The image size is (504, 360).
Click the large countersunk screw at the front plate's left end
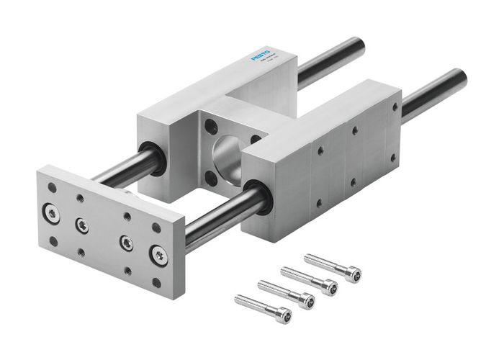pos(52,212)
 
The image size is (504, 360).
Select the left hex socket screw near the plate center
pos(83,225)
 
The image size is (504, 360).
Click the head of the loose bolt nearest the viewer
pos(284,315)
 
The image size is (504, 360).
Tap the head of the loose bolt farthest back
pos(353,274)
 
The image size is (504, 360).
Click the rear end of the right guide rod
pos(459,79)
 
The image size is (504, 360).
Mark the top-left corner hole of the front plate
pos(53,187)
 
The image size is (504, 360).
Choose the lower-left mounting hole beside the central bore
pos(210,176)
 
